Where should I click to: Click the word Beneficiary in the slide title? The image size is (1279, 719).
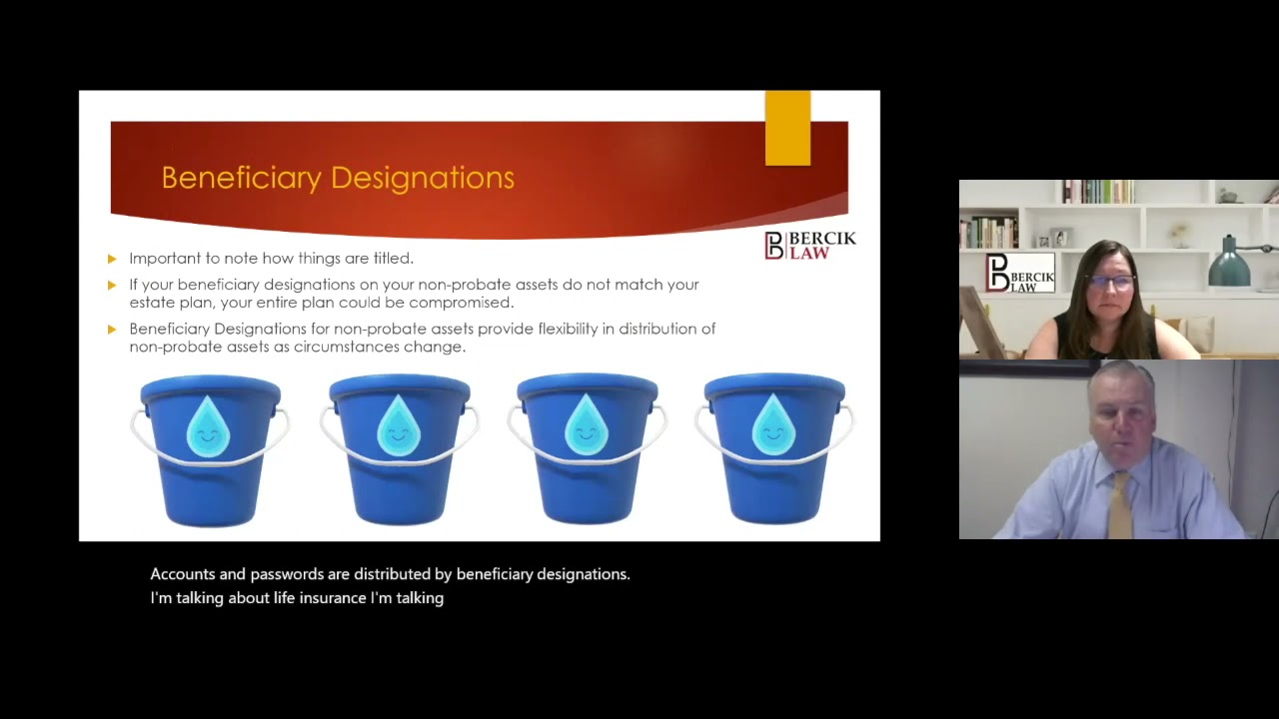pos(242,178)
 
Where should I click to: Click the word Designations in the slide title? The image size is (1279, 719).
pos(423,177)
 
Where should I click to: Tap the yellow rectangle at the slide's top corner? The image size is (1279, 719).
pos(788,128)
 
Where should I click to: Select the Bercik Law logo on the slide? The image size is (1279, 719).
pos(810,246)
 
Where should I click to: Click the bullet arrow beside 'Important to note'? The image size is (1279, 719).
pos(112,259)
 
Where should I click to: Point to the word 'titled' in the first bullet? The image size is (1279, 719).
pos(394,258)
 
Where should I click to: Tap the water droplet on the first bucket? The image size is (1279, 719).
pos(209,426)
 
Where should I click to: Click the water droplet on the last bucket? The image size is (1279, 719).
pos(773,424)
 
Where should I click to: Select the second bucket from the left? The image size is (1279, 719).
pos(400,449)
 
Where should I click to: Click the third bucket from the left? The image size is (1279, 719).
pos(587,448)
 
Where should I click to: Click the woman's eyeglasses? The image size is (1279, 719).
pos(1112,282)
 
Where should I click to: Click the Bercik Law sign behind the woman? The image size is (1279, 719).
pos(1020,273)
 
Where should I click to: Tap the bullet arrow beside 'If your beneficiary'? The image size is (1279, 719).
pos(112,286)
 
